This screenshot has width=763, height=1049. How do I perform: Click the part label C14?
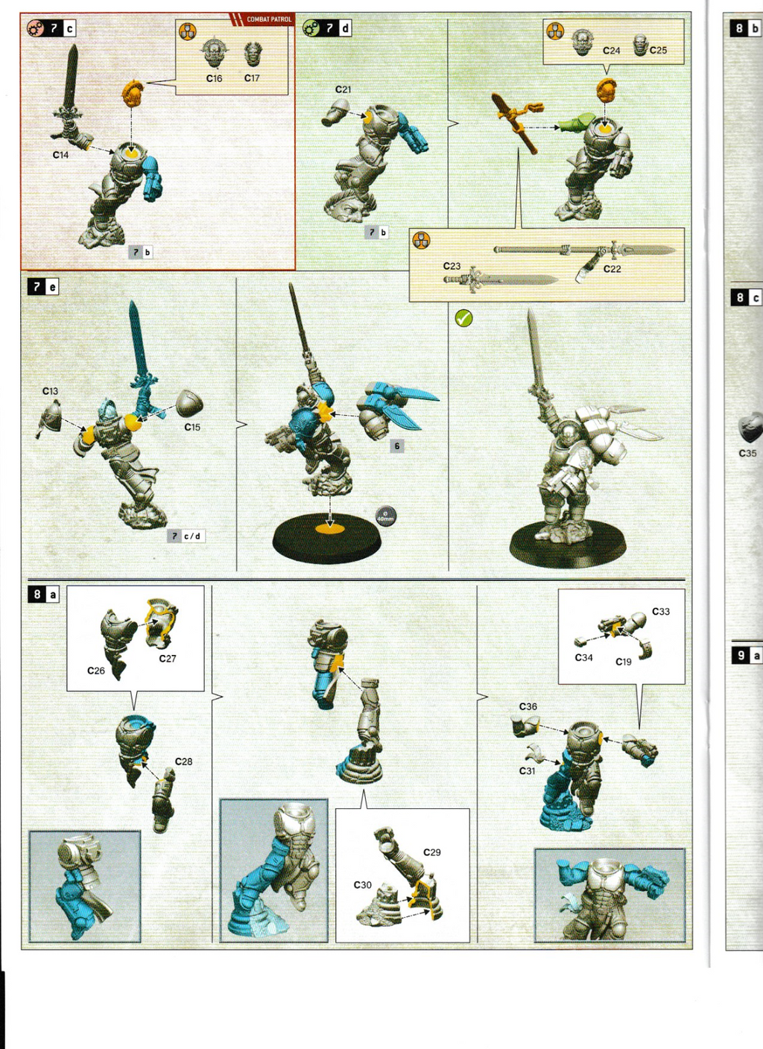[60, 155]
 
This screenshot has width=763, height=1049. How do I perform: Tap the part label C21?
[343, 89]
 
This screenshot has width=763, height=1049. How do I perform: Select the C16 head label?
[214, 78]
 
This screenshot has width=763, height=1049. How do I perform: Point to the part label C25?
[658, 51]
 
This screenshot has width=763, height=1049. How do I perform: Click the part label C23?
[452, 266]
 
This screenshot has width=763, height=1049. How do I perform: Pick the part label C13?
[50, 391]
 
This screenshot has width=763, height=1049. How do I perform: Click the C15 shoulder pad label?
[192, 427]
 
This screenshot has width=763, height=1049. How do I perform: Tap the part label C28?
[183, 761]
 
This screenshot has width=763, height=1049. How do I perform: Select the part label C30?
[362, 885]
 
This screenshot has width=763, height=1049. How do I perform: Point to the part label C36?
[528, 706]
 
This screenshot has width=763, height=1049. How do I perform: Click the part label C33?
[660, 612]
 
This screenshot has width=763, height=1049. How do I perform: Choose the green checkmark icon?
[463, 318]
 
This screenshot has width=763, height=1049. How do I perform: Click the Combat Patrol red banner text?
[269, 19]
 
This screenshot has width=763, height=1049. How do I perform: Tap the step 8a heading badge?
[43, 595]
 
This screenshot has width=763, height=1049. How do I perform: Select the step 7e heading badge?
[43, 287]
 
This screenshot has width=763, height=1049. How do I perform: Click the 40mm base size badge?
[385, 516]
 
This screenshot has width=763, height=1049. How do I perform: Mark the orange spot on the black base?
[330, 529]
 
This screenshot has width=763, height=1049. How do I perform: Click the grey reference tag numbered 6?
[397, 446]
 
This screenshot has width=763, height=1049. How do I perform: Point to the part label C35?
[747, 453]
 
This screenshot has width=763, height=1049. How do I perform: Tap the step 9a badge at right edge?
[747, 656]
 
